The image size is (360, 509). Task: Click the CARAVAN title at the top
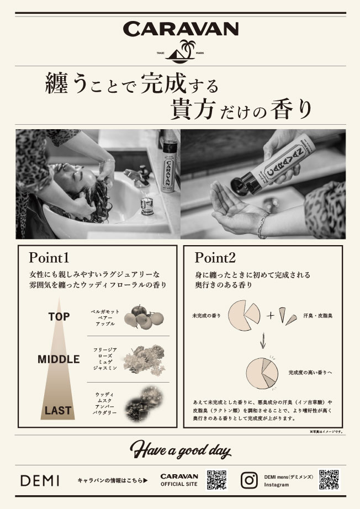[x=180, y=29]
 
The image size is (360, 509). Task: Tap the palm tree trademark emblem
[x=180, y=51]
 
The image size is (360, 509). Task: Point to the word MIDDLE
[x=59, y=359]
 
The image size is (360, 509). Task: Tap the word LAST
[x=58, y=410]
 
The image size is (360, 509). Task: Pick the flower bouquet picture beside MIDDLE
[x=143, y=358]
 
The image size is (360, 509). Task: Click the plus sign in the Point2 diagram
[x=270, y=316]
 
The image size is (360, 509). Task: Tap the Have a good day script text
[x=180, y=450]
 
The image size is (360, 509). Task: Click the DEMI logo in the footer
[x=40, y=480]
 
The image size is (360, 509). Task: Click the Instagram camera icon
[x=250, y=479]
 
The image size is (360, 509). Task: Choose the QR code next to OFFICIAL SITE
[x=217, y=480]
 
